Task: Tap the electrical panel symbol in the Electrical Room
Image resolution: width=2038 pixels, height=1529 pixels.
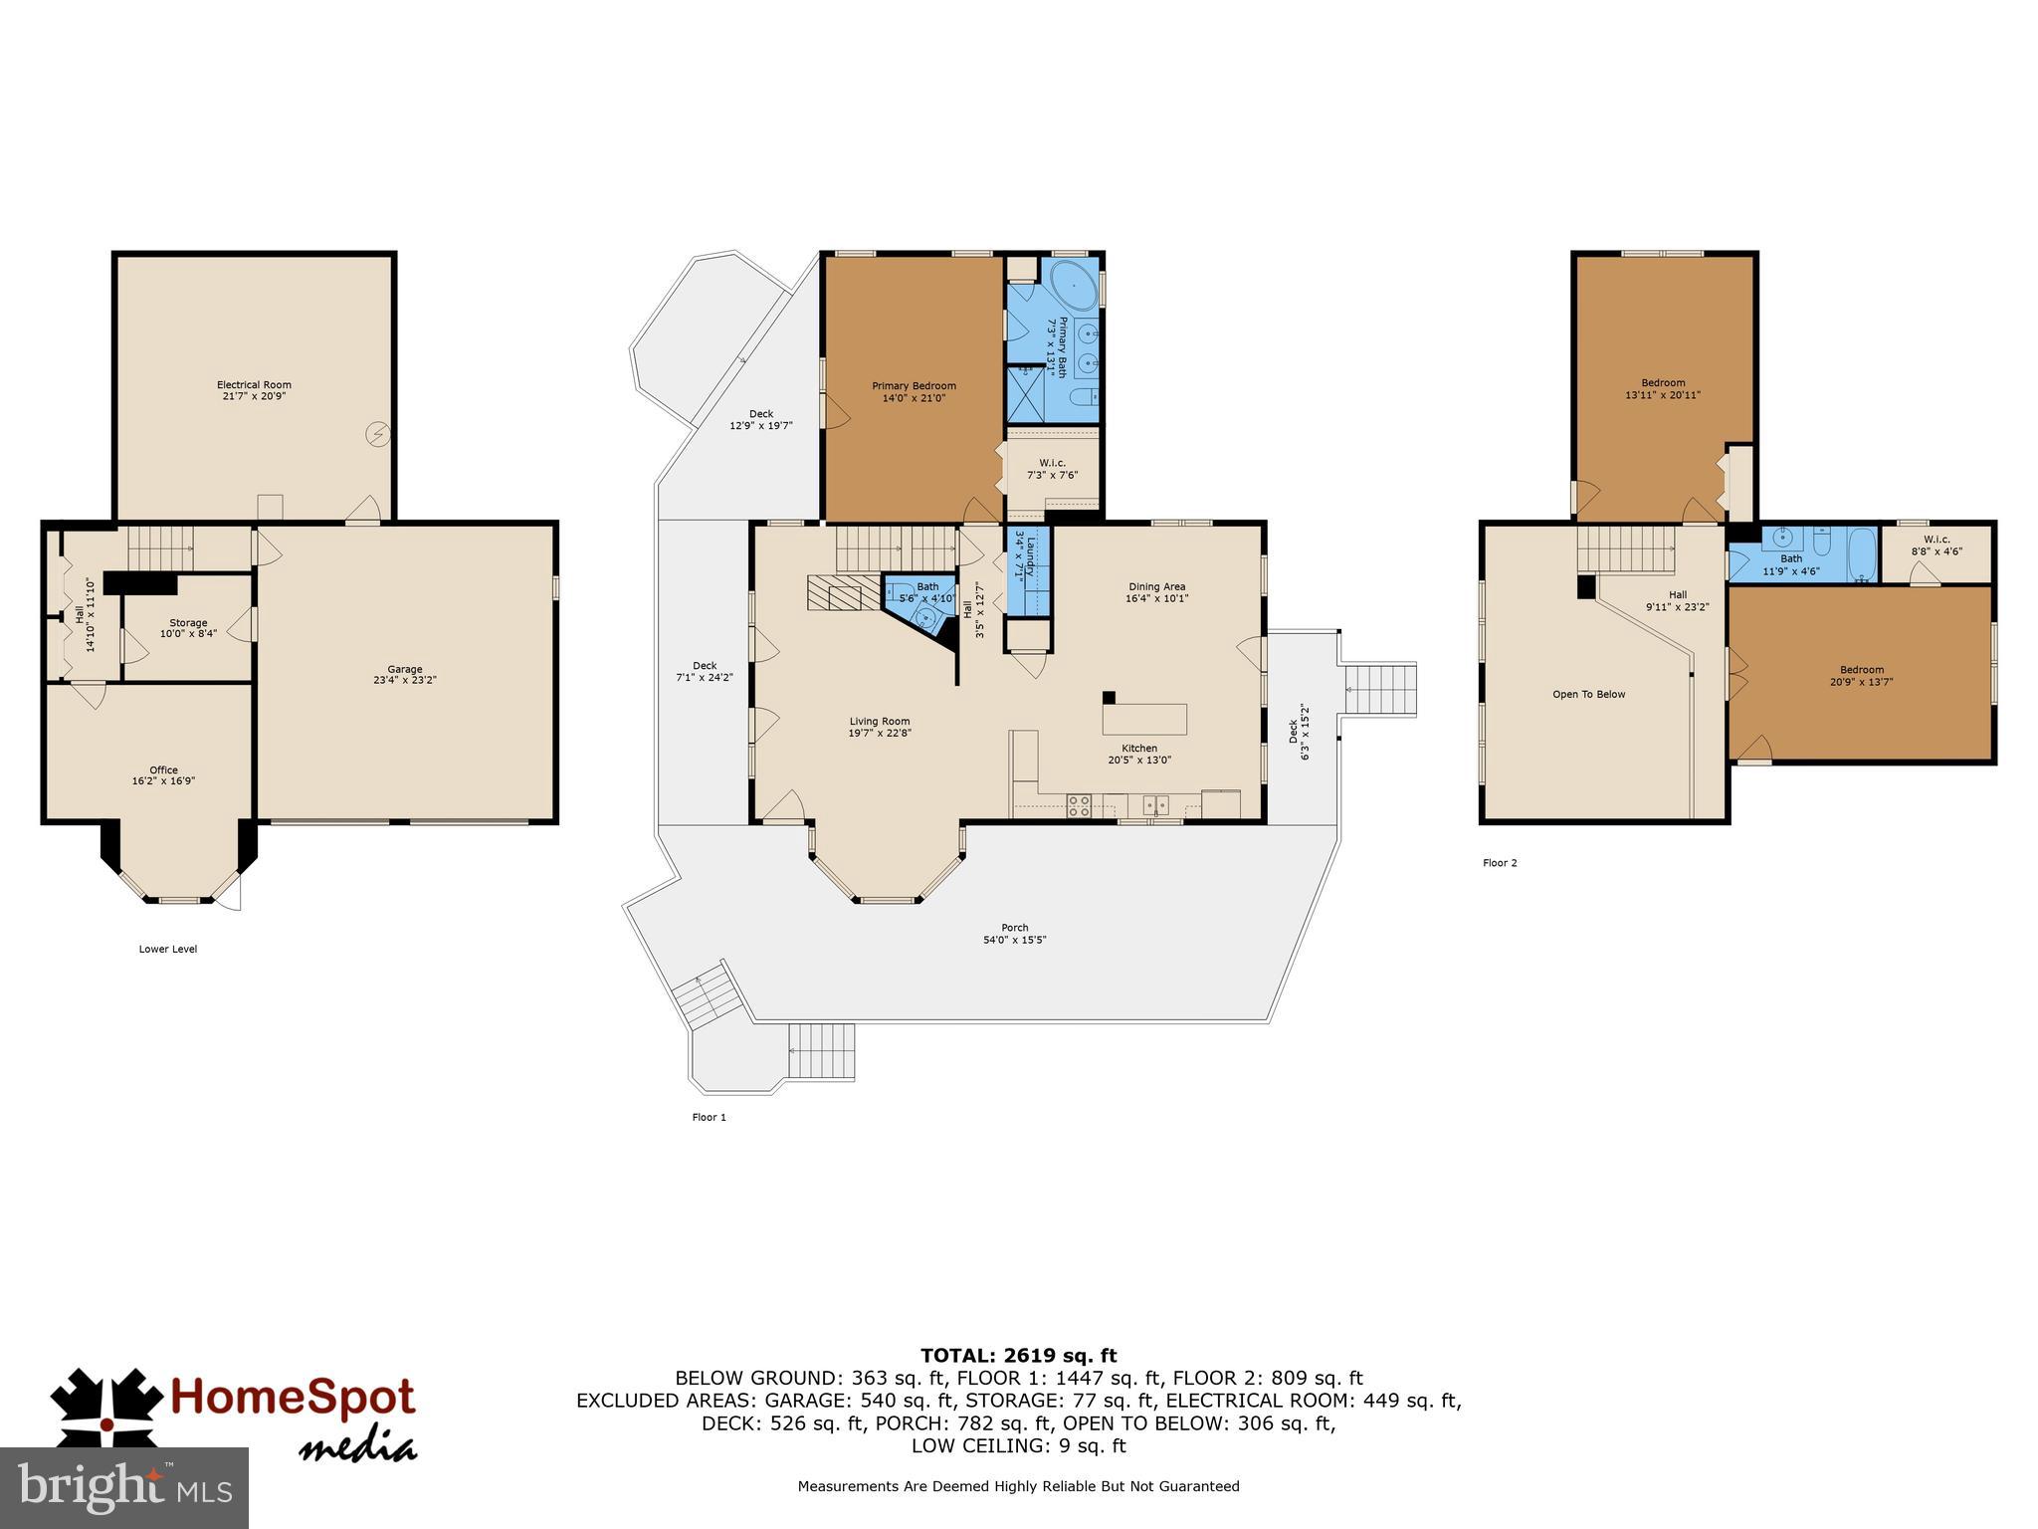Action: (x=378, y=434)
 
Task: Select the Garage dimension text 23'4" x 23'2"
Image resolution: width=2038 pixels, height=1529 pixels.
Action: (x=405, y=681)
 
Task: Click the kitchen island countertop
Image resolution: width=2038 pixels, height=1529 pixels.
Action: (x=1144, y=718)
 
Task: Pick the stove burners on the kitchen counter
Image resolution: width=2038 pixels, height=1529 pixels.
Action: (x=1079, y=805)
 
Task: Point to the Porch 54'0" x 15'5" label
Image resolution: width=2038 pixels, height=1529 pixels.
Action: (x=1015, y=934)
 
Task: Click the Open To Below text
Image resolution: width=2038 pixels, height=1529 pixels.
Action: (x=1588, y=695)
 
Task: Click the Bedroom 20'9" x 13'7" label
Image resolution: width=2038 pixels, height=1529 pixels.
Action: (x=1861, y=676)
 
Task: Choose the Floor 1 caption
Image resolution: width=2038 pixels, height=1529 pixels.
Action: (x=709, y=1117)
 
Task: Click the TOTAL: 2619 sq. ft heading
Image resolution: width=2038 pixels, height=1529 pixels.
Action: (x=1018, y=1356)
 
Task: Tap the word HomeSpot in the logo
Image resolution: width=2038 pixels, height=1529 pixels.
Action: (x=293, y=1398)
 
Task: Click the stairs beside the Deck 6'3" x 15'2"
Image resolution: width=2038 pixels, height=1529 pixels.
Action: (x=1379, y=689)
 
